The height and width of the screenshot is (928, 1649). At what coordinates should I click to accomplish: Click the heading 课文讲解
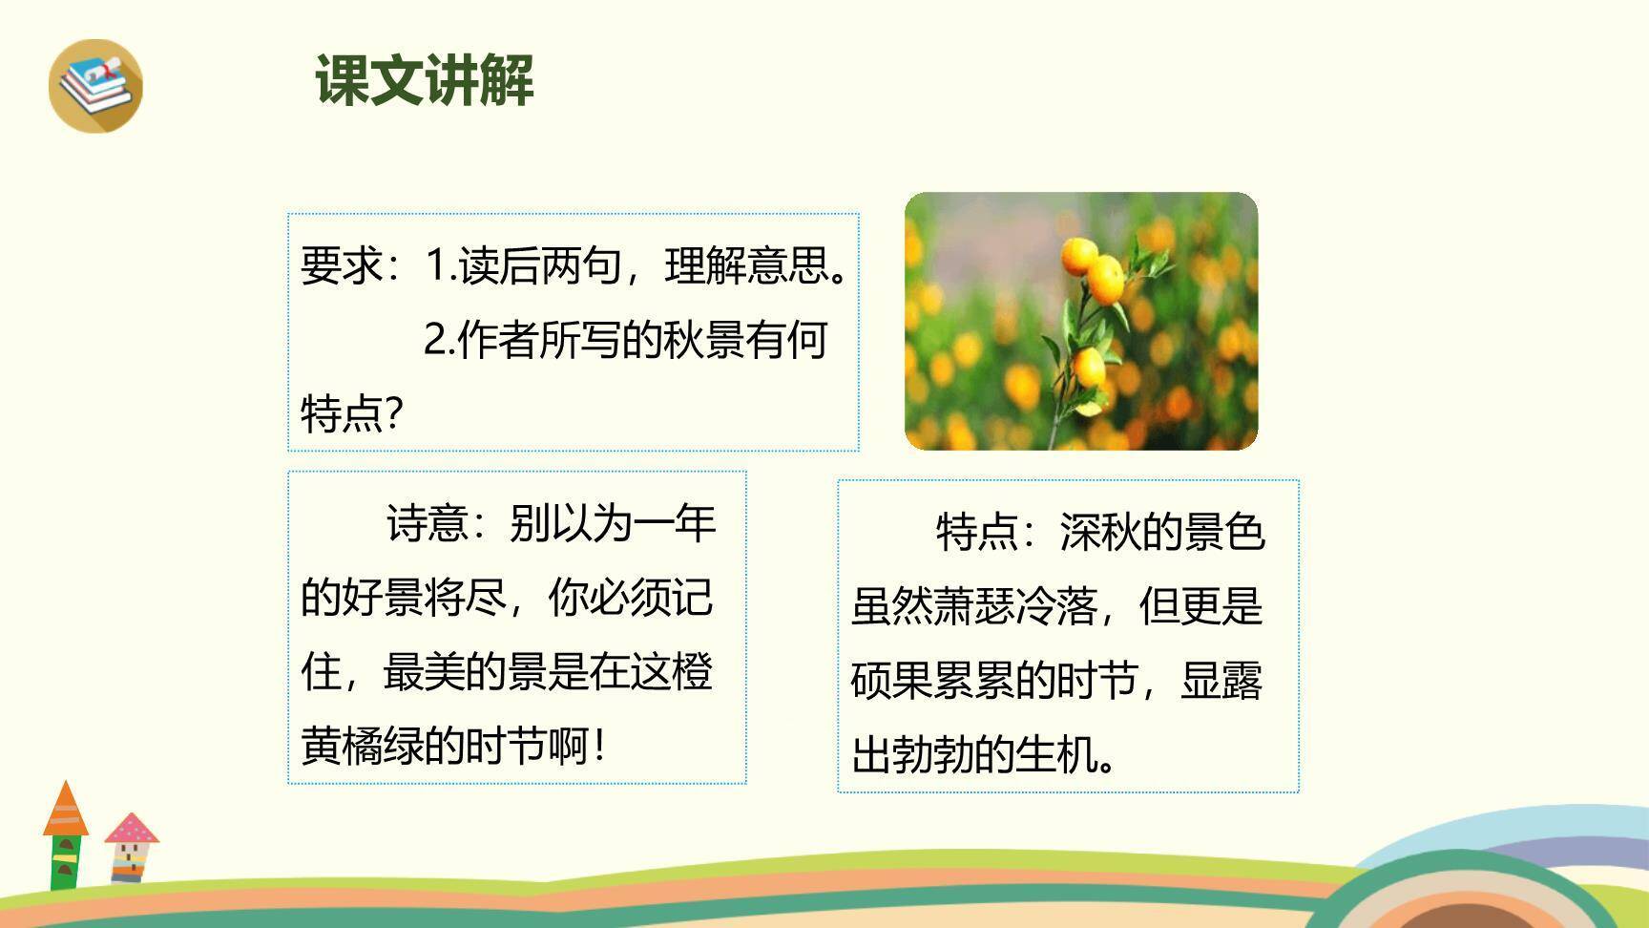[424, 80]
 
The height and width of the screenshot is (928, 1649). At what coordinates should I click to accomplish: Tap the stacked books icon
[95, 85]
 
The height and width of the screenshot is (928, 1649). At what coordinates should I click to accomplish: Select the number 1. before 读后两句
[440, 265]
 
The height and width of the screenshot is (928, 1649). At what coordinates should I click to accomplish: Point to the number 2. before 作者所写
[439, 340]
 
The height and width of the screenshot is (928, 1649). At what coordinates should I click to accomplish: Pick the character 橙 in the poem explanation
[692, 672]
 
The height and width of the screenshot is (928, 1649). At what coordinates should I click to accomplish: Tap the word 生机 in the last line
[1056, 755]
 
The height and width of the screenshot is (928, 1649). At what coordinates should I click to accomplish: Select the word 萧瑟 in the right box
[974, 606]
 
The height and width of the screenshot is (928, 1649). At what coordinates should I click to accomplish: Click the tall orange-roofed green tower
[65, 835]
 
